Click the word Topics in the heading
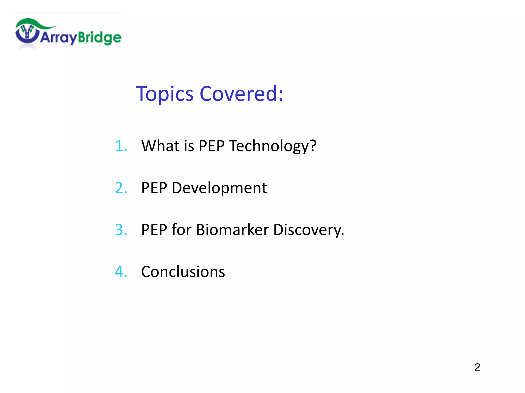164,94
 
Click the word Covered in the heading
241,94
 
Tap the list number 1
121,146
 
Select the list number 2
121,188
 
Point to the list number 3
121,230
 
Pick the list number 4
121,272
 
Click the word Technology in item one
273,146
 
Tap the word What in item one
160,146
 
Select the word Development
219,188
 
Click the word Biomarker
232,230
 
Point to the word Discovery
308,230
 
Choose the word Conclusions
183,272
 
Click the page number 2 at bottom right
477,367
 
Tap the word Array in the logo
58,38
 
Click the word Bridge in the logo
99,38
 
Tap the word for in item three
181,230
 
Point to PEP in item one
211,146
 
